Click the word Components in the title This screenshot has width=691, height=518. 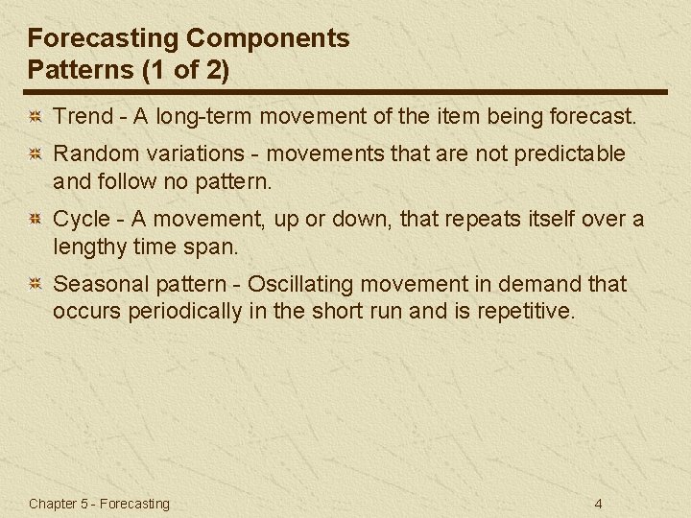[x=268, y=39]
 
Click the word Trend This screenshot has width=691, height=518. [x=82, y=118]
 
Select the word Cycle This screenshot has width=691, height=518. [x=82, y=219]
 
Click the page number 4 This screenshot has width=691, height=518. [x=598, y=504]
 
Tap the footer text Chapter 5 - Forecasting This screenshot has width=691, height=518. [x=99, y=504]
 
